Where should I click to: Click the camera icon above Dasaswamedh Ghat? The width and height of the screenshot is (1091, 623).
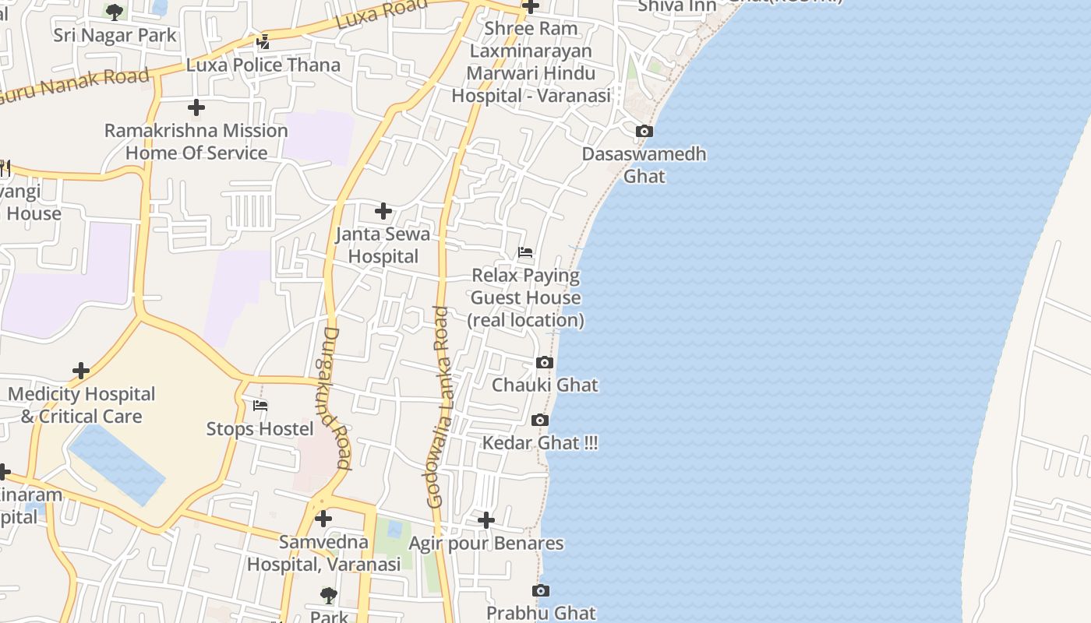pos(644,132)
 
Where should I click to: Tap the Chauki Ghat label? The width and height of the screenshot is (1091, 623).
pos(545,385)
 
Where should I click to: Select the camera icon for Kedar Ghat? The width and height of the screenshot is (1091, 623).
pos(539,421)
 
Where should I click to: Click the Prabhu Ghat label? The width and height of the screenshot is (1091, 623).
pos(541,613)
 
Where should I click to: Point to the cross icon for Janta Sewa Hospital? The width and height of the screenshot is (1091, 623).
pos(383,211)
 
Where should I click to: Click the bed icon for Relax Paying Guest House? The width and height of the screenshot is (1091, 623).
pos(525,252)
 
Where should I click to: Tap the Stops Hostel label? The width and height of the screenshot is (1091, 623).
pos(260,429)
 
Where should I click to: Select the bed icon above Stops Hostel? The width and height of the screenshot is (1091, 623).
pos(260,406)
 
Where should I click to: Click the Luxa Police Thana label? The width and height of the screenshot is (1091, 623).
pos(263,65)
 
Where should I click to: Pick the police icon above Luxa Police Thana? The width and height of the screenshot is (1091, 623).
pos(263,41)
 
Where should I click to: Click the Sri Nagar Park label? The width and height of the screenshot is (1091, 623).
pos(115,35)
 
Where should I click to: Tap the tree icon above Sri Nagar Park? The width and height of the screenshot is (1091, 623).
pos(115,12)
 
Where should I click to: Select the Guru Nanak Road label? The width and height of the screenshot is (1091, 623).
pos(74,86)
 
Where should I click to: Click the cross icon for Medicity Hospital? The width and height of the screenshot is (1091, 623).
pos(81,371)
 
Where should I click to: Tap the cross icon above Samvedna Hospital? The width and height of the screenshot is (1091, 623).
pos(323,518)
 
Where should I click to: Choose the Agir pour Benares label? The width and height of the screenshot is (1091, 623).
pos(486,543)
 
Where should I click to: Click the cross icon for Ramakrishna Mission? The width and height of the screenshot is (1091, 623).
pos(196,107)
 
